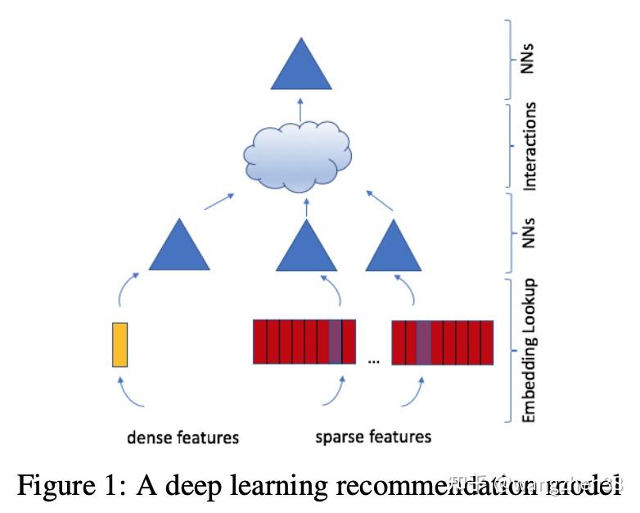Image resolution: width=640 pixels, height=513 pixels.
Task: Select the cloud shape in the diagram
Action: point(299,153)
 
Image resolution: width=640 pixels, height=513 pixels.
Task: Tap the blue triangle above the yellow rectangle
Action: point(179,248)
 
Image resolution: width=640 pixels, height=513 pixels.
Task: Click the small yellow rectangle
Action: point(120,344)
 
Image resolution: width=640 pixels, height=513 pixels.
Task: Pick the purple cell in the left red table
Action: point(335,342)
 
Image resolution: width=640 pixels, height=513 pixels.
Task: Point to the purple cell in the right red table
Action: point(423,342)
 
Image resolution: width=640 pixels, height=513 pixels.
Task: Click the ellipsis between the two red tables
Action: point(373,359)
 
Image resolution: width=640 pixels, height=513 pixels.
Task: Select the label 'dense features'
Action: point(183,438)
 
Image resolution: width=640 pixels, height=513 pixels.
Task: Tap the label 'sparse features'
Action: point(373,436)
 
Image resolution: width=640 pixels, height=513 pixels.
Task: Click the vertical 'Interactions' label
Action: point(530,147)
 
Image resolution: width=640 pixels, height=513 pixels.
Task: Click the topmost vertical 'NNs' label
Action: point(530,58)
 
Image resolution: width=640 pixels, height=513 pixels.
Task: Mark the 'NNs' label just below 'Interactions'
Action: point(530,233)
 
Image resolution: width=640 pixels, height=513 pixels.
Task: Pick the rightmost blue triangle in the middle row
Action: point(393,248)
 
